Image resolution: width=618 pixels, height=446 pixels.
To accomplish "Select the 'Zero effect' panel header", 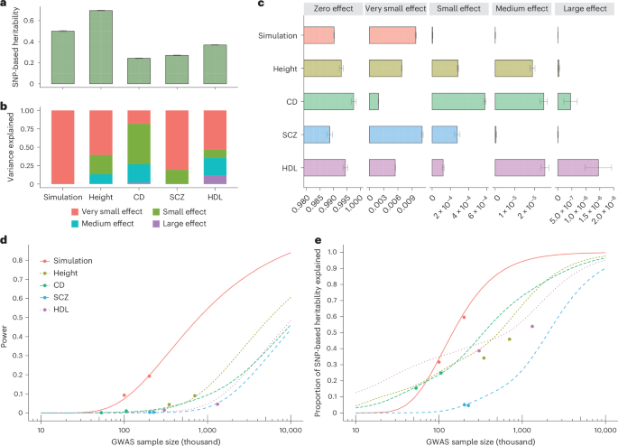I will (x=330, y=16).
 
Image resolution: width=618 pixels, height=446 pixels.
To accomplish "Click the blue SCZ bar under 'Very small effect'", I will (x=395, y=135).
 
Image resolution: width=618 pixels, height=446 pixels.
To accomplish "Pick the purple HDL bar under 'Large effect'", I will (x=578, y=167).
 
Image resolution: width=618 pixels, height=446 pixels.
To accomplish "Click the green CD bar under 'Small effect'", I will (x=458, y=101).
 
